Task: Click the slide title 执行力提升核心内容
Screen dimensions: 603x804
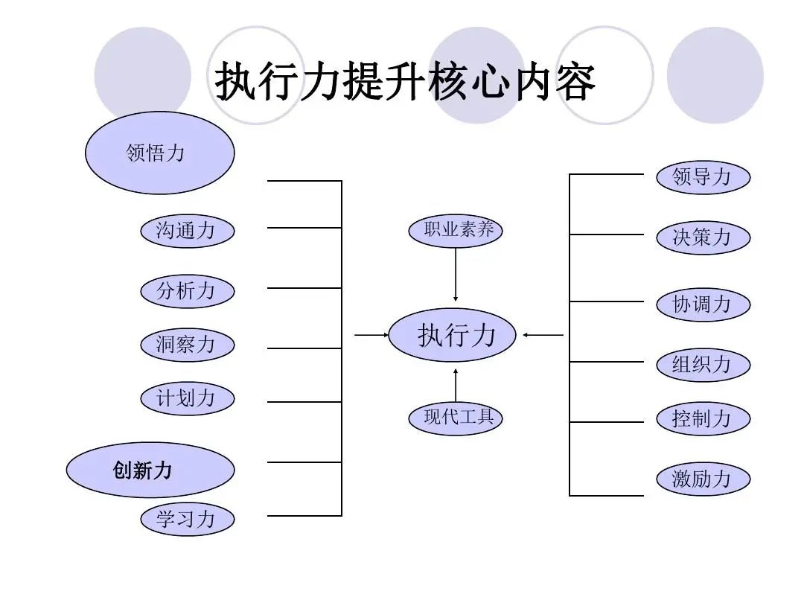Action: (x=405, y=82)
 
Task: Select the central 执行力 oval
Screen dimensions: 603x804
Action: (x=456, y=335)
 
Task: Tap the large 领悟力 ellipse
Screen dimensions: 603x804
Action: (x=160, y=153)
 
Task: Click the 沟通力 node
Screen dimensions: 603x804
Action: (x=187, y=231)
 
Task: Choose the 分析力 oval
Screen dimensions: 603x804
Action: (x=187, y=291)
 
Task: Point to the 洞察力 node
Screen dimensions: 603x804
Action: (x=187, y=345)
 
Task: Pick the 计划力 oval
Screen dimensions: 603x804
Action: (x=187, y=398)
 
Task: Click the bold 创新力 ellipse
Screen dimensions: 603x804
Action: (x=150, y=470)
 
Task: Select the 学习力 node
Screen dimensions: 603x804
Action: (x=187, y=519)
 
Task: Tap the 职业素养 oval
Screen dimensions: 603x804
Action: (x=456, y=230)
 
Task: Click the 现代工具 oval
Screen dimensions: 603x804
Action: (x=456, y=418)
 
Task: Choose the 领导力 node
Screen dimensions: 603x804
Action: (x=702, y=177)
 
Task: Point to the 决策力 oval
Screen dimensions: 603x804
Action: (x=702, y=237)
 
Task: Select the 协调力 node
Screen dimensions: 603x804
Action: (x=702, y=304)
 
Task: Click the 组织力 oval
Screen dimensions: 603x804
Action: (x=702, y=365)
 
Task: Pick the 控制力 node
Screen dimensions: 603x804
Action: (x=702, y=418)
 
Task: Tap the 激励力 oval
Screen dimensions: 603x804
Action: (x=702, y=479)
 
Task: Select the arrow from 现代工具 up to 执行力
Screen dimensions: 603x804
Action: (x=456, y=383)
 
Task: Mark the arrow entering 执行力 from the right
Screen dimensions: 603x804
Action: (x=543, y=335)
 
